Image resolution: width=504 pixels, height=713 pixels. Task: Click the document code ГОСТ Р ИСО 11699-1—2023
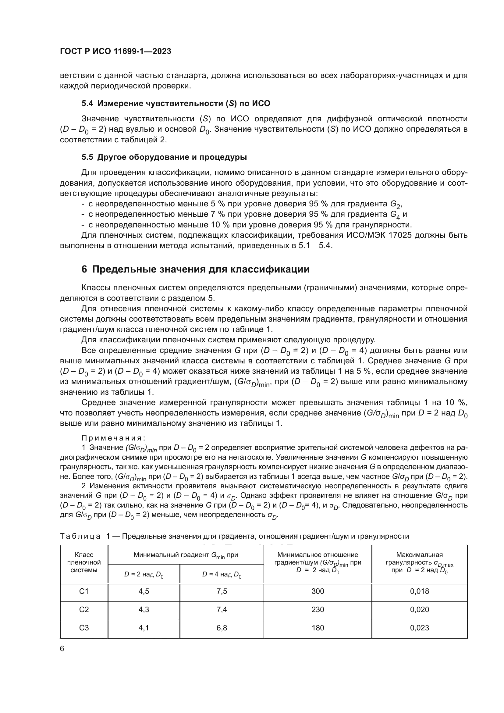pyautogui.click(x=115, y=51)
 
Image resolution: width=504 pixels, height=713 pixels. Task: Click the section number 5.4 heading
pyautogui.click(x=87, y=103)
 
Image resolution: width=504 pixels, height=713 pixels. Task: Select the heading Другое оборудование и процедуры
pyautogui.click(x=172, y=157)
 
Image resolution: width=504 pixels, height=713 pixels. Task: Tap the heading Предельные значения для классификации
pyautogui.click(x=201, y=269)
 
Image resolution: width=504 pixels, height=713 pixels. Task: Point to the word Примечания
pyautogui.click(x=113, y=438)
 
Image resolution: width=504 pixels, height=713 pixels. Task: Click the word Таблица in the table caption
pyautogui.click(x=80, y=536)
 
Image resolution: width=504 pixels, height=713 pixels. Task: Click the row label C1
pyautogui.click(x=84, y=591)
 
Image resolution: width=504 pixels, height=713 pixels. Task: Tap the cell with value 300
pyautogui.click(x=318, y=591)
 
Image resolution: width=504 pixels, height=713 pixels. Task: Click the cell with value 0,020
pyautogui.click(x=419, y=610)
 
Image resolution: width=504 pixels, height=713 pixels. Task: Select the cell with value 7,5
pyautogui.click(x=222, y=591)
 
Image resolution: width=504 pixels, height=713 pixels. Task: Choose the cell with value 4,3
pyautogui.click(x=144, y=610)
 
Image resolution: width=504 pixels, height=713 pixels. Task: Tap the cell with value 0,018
pyautogui.click(x=419, y=591)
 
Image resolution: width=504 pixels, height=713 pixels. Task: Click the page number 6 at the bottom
pyautogui.click(x=62, y=649)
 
